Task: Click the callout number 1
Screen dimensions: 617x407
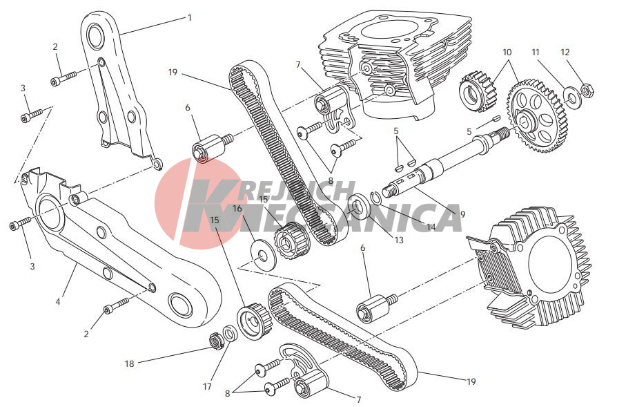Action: point(190,18)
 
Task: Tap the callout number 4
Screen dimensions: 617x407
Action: point(58,302)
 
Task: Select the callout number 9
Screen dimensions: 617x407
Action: point(462,214)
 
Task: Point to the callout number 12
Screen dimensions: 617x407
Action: point(565,52)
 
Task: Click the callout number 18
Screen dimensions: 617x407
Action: point(130,364)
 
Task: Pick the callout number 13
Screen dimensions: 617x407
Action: point(399,240)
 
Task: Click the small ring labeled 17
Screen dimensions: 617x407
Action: point(229,334)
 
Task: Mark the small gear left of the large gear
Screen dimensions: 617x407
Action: point(478,91)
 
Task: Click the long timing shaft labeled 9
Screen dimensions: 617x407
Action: point(445,162)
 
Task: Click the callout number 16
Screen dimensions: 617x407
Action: point(237,209)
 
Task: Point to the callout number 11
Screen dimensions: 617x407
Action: point(535,52)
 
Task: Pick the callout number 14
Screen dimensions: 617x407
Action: point(431,227)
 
